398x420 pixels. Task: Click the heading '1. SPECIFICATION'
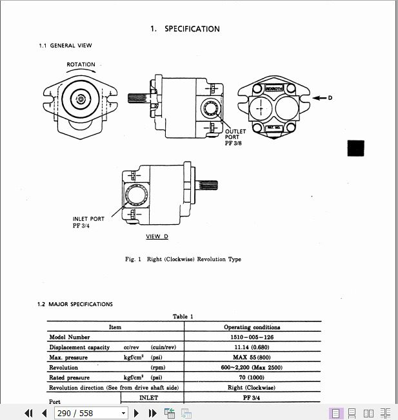[185, 29]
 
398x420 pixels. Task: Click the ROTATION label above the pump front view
[81, 64]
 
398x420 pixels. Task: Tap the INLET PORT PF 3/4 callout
[88, 222]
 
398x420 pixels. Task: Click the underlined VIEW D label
[157, 236]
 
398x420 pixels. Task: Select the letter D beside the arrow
[330, 98]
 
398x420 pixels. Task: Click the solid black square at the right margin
[356, 148]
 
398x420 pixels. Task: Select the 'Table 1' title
[183, 316]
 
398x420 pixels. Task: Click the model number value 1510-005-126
[252, 337]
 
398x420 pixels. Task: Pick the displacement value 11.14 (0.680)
[252, 347]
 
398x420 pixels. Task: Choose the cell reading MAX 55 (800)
[252, 357]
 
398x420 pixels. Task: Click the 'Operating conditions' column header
[252, 327]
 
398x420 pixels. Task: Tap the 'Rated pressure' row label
[70, 377]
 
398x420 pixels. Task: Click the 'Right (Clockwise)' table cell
[252, 388]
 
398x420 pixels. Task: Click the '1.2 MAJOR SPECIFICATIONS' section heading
[75, 304]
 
